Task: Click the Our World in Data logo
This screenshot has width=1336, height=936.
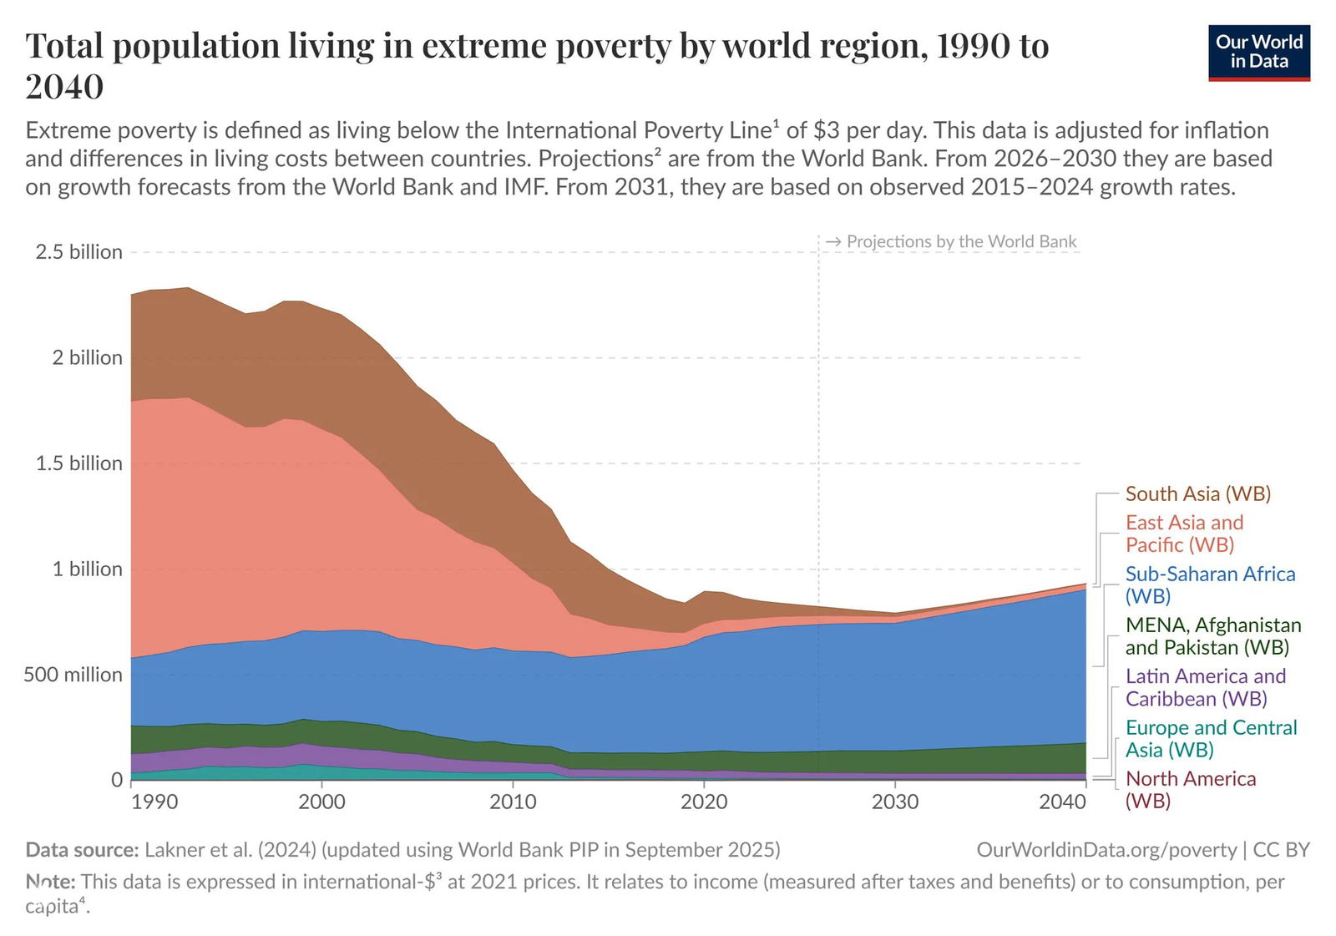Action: click(1258, 53)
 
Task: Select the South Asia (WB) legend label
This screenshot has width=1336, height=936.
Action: click(1197, 493)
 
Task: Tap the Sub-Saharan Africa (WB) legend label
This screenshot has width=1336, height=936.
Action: click(1210, 584)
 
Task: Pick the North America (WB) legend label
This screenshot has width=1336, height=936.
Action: click(1190, 789)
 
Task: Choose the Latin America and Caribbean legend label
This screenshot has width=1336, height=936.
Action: click(1205, 687)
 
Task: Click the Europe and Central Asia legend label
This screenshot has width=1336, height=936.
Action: click(1211, 738)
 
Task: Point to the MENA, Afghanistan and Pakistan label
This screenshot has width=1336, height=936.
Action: click(1212, 635)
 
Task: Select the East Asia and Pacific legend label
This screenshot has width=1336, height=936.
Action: click(1184, 534)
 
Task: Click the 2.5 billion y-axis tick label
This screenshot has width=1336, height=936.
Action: click(78, 252)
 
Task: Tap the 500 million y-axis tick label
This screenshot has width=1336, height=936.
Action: click(73, 675)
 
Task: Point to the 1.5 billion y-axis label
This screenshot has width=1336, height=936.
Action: click(78, 463)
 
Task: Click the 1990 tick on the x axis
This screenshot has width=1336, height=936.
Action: click(154, 802)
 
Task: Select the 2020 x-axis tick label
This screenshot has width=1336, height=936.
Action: click(704, 802)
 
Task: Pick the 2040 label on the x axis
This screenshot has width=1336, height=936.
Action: click(1062, 802)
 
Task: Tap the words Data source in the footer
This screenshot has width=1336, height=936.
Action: click(82, 850)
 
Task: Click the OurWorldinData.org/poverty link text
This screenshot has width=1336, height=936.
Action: click(1106, 850)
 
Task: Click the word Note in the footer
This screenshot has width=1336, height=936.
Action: click(50, 882)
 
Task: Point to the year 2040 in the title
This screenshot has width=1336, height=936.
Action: click(64, 86)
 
